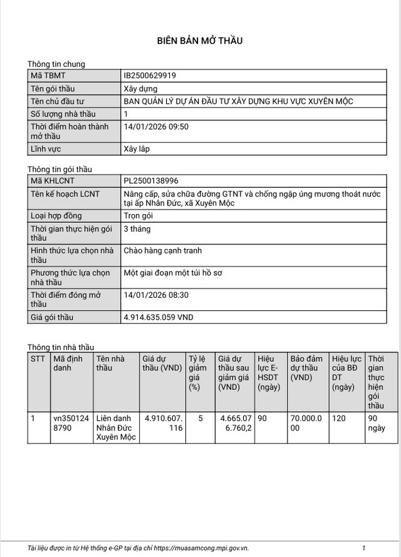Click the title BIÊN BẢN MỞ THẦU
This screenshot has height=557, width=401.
[x=199, y=41]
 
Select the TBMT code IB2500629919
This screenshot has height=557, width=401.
[x=150, y=76]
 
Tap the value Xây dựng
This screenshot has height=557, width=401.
[x=140, y=89]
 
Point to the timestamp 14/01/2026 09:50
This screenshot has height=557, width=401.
[x=156, y=126]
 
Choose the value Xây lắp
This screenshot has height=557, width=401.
[x=137, y=149]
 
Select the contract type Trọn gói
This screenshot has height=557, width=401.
[x=138, y=216]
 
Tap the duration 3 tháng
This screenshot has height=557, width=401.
[x=137, y=228]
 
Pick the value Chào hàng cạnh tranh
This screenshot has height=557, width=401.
[x=162, y=251]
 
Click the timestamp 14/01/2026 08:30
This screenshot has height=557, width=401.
[x=156, y=295]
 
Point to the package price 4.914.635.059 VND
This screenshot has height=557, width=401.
[x=159, y=317]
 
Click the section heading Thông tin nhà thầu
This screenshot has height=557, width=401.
[x=60, y=347]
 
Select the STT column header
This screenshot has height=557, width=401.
[x=38, y=359]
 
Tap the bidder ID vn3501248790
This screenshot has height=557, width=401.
[x=66, y=423]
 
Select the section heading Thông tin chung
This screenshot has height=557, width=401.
[x=56, y=64]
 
